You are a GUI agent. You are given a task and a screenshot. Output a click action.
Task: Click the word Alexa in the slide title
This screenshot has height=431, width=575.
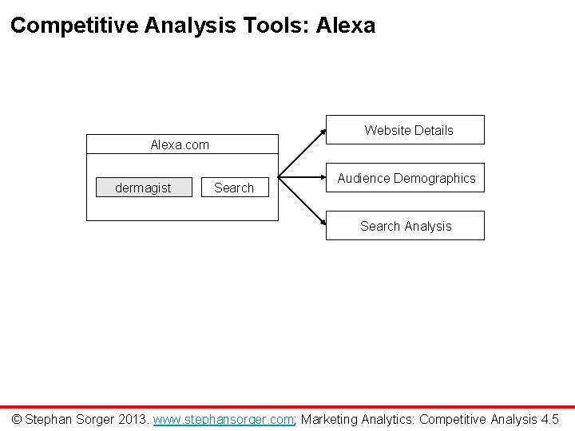(x=345, y=26)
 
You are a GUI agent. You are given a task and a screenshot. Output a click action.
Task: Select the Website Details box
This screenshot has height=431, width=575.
(x=405, y=130)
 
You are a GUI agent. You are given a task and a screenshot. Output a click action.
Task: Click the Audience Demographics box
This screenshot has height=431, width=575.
(x=405, y=178)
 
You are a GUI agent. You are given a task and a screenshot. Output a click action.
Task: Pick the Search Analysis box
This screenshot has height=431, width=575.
(x=405, y=226)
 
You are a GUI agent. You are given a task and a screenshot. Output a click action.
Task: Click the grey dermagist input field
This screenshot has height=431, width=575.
(x=144, y=188)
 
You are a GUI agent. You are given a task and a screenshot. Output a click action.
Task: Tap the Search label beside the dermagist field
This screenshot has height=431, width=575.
(x=234, y=188)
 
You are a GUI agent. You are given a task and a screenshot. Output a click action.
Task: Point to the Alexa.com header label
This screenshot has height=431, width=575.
(x=180, y=144)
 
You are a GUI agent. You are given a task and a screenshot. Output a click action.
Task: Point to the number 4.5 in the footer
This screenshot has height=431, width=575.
(x=549, y=418)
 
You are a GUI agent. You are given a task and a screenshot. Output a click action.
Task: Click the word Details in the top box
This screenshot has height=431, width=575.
(x=432, y=130)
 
